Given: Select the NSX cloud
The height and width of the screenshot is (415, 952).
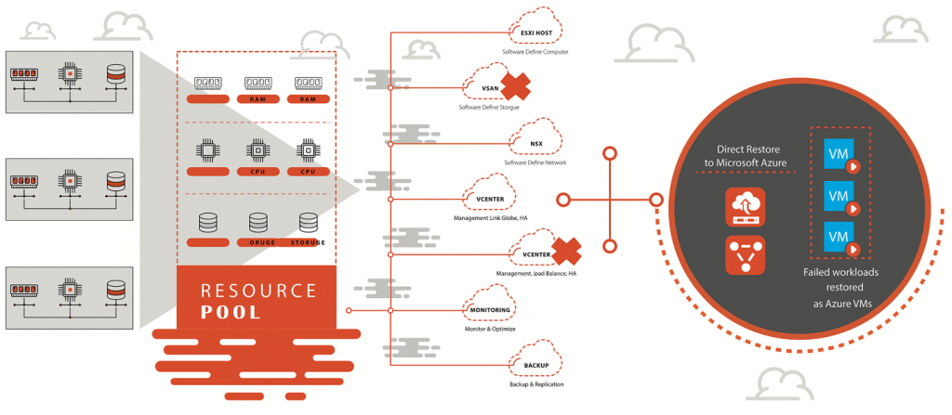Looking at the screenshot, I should [x=536, y=143].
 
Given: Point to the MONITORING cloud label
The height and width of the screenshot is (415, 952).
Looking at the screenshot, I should [x=487, y=309].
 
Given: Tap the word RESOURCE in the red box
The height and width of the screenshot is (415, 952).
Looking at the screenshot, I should [x=258, y=290].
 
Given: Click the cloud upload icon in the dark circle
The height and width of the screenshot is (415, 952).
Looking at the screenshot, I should [x=746, y=206].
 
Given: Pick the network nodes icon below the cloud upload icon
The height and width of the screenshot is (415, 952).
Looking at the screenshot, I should [x=746, y=253].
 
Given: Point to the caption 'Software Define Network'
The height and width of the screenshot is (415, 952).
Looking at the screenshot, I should [x=535, y=162].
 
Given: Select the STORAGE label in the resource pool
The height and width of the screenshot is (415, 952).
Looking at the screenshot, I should [x=306, y=243].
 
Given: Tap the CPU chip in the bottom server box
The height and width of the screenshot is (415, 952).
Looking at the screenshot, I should [x=68, y=290].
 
